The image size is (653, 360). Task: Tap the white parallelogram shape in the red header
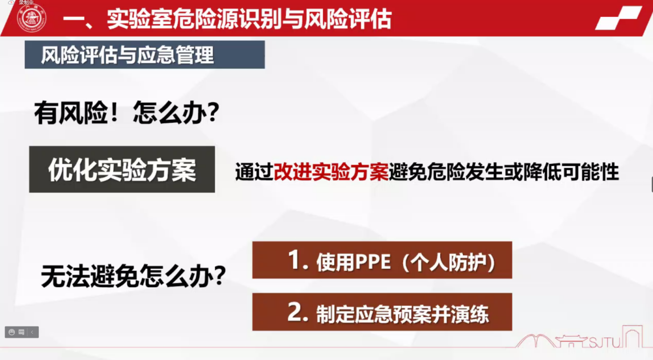click(x=618, y=18)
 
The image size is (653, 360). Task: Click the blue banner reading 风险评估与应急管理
click(x=145, y=55)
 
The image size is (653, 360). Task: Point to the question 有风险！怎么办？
click(x=126, y=113)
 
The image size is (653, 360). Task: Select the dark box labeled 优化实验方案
click(x=122, y=169)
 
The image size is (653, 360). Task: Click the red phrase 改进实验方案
click(x=331, y=172)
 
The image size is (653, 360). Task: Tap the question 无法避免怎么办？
click(x=133, y=276)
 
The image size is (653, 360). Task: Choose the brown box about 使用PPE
click(x=382, y=260)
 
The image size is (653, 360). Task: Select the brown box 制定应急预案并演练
click(x=382, y=312)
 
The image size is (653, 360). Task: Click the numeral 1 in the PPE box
click(x=294, y=260)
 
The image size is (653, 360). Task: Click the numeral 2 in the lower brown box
click(x=295, y=312)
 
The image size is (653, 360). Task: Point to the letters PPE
click(x=373, y=262)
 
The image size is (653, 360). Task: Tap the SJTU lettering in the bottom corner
click(x=605, y=342)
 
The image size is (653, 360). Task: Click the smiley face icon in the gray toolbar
click(x=12, y=332)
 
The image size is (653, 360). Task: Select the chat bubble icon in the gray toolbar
click(x=21, y=332)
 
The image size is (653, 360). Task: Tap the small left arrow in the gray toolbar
click(x=32, y=332)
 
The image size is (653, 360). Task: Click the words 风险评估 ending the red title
click(x=348, y=19)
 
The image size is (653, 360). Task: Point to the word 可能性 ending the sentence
click(x=591, y=172)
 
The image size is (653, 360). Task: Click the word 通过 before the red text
click(x=254, y=172)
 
